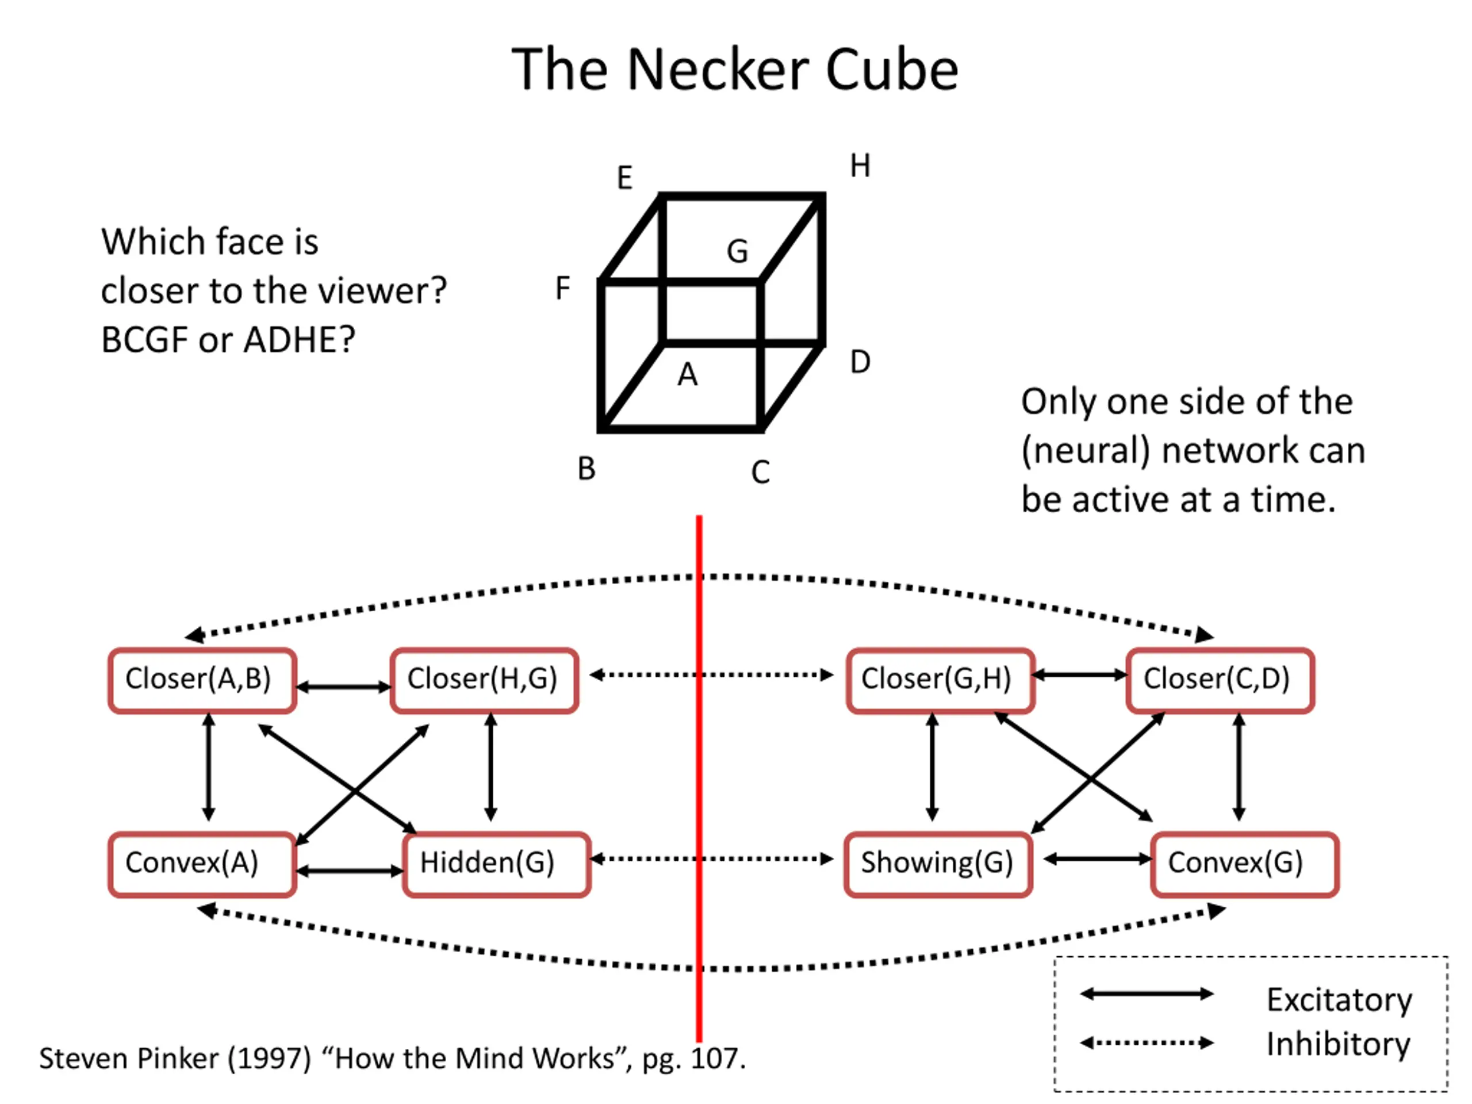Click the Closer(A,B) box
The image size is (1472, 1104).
coord(202,681)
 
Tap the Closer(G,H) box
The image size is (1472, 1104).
coord(940,681)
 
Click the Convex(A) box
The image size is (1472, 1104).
coord(202,864)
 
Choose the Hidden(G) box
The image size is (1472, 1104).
coord(496,864)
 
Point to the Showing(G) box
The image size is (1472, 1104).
coord(938,864)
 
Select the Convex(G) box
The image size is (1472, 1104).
coord(1245,864)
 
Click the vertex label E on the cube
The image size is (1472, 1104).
coord(624,178)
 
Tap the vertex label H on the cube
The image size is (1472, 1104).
coord(860,165)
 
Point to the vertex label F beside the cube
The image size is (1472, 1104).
coord(562,288)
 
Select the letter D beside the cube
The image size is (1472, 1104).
coord(860,362)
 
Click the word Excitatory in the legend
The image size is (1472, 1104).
coord(1339,999)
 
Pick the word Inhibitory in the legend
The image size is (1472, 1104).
coord(1338,1044)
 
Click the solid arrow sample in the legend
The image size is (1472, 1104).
coord(1147,994)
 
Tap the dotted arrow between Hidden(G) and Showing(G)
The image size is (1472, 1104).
coord(711,858)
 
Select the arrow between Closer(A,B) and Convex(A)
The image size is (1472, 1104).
coord(208,767)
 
